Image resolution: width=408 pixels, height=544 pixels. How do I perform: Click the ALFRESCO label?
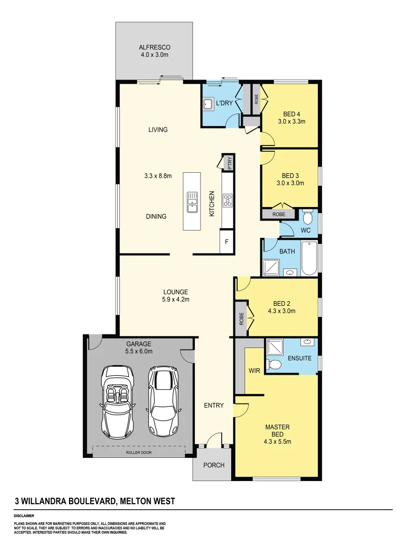(x=154, y=48)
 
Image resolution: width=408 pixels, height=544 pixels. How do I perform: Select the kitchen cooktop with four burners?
(x=227, y=200)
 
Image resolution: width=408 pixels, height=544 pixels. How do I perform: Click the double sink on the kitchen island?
(x=192, y=201)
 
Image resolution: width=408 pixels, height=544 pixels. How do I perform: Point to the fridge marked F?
(x=227, y=242)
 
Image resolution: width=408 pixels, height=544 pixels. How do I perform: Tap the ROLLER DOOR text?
(x=139, y=452)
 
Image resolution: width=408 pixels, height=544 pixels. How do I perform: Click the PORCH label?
(x=214, y=465)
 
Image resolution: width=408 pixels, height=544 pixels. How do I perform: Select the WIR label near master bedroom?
(x=254, y=371)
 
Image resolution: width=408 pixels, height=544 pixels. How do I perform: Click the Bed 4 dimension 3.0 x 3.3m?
(x=292, y=121)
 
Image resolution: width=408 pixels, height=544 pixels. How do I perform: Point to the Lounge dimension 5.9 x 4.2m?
(x=176, y=300)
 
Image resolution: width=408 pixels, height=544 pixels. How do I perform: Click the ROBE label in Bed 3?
(x=279, y=214)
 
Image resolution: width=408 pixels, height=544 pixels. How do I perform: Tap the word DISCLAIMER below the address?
(x=24, y=516)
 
